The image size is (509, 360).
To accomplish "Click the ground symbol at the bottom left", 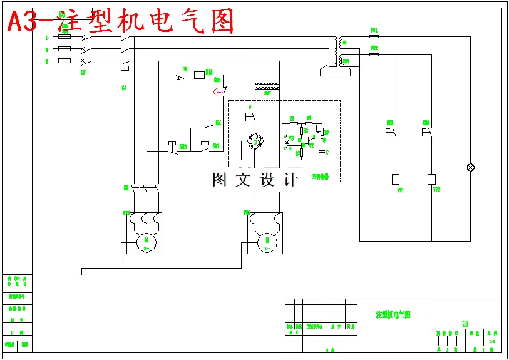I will click(81, 272).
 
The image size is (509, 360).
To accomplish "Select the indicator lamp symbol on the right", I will click(471, 167).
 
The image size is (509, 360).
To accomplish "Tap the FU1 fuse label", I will click(374, 30).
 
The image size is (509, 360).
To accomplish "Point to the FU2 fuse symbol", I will click(374, 54).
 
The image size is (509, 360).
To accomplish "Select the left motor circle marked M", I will click(147, 240).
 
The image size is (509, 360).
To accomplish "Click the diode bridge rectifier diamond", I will click(255, 141).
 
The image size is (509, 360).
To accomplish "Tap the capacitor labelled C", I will click(323, 151).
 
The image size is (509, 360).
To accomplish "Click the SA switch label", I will click(124, 88).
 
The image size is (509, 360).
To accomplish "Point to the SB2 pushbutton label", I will click(183, 147).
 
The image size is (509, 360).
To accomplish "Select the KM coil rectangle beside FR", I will click(200, 75).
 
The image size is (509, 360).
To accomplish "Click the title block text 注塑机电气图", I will click(393, 314).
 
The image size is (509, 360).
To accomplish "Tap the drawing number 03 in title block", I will click(465, 324).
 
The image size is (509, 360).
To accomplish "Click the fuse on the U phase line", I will click(64, 37).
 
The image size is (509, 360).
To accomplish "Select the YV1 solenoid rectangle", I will click(396, 179).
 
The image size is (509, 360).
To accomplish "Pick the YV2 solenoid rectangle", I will click(431, 179).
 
